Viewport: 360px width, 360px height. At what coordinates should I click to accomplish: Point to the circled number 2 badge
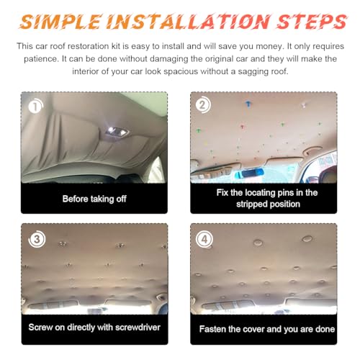click(203, 105)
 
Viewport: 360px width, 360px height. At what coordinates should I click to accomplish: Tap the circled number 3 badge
click(34, 238)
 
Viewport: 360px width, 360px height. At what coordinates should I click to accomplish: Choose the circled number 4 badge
click(203, 238)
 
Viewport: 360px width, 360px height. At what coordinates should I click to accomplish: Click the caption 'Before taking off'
click(94, 199)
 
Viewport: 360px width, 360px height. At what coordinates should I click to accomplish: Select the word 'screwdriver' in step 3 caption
click(135, 328)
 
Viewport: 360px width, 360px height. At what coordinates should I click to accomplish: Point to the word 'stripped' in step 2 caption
click(244, 204)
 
